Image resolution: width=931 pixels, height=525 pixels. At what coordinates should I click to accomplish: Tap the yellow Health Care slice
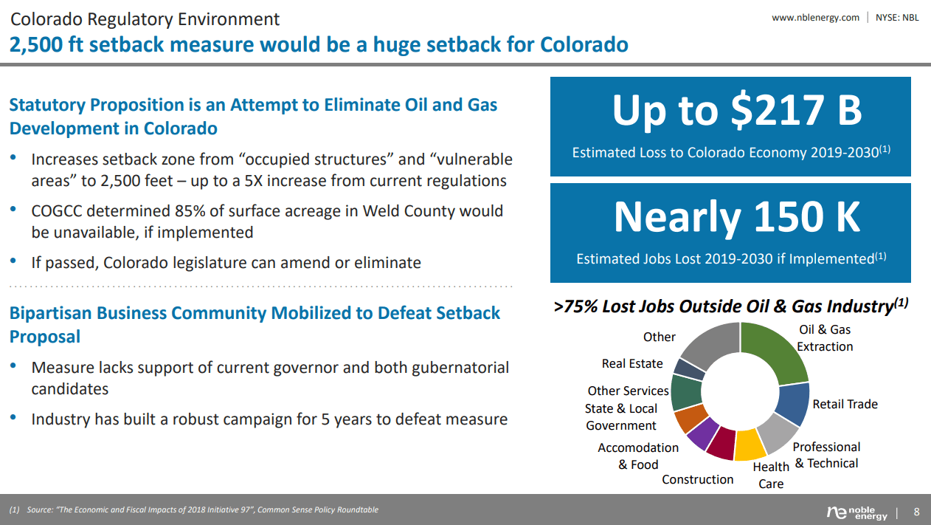tap(750, 445)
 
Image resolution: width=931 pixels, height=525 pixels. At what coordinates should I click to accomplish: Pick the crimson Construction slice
tap(721, 444)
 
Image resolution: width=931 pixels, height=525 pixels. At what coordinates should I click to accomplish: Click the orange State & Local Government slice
tap(690, 418)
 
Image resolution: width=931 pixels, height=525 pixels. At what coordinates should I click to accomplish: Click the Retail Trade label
tap(845, 404)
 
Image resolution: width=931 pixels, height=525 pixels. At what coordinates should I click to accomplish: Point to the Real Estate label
tap(632, 363)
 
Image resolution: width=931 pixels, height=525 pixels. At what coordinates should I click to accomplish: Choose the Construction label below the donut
tap(697, 479)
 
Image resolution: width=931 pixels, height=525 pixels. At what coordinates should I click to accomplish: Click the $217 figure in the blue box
tap(777, 110)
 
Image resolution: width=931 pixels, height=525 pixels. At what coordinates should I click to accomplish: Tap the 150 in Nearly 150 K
tap(788, 217)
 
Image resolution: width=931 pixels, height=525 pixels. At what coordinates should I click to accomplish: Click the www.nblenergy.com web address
tap(815, 18)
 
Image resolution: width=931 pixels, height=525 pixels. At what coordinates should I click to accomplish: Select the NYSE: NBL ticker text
tap(897, 18)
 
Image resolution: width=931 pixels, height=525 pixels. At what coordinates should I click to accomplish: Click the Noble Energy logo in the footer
tap(857, 513)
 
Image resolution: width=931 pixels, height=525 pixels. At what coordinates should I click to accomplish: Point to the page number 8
tap(916, 512)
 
